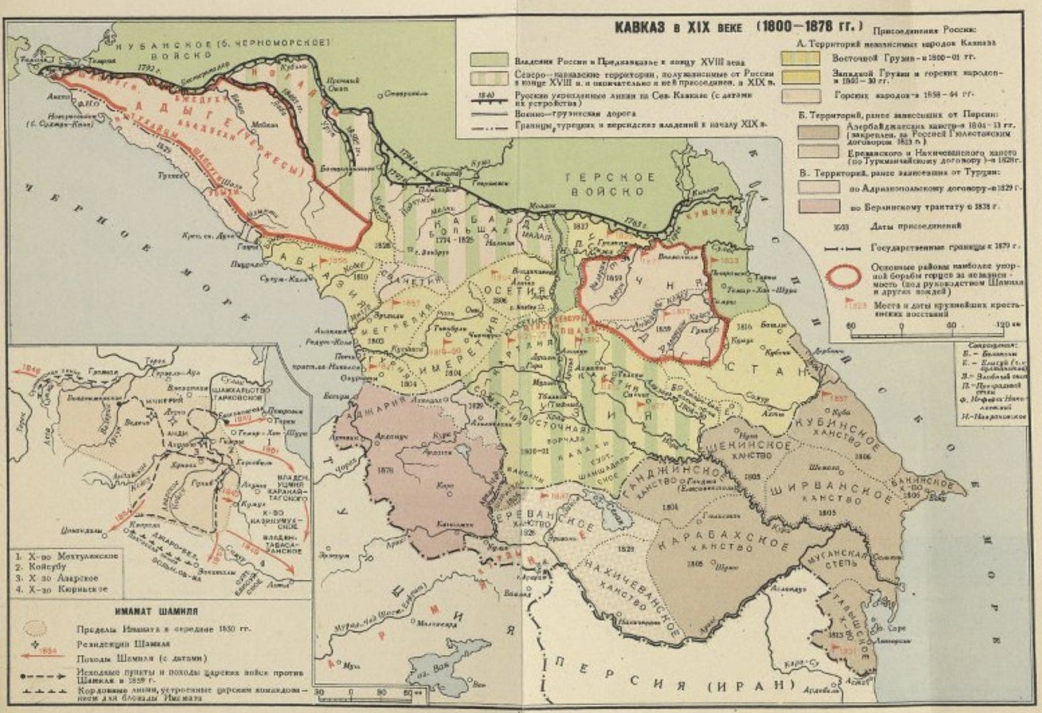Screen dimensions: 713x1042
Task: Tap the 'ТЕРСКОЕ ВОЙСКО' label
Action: click(610, 184)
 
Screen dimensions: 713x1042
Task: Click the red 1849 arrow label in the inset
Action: click(31, 369)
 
